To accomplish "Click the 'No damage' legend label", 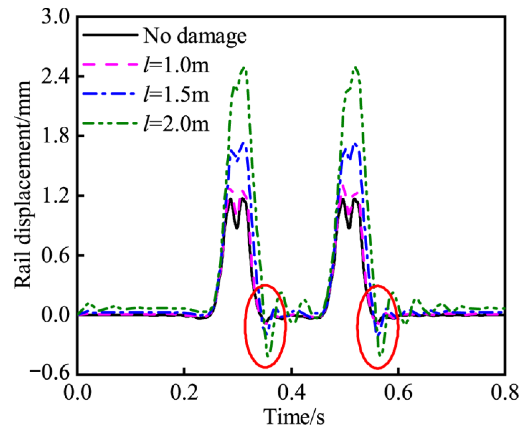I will pos(195,36).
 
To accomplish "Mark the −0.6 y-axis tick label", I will pos(50,373).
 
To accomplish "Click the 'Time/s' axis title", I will pos(294,417).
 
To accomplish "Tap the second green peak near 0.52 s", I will pos(356,68).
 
